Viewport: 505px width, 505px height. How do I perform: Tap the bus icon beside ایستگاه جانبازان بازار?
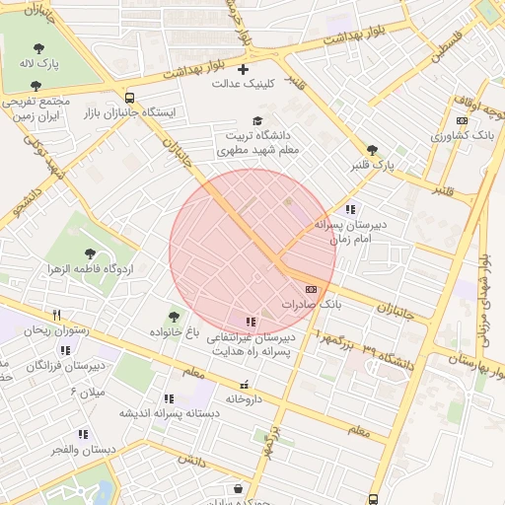click(x=130, y=97)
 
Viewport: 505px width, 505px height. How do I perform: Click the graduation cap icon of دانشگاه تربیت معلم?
click(x=257, y=120)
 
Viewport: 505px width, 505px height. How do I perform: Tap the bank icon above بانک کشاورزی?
click(x=462, y=120)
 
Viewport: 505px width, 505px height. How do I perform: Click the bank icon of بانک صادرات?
click(x=312, y=289)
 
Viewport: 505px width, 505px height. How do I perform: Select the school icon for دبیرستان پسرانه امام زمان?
click(x=350, y=209)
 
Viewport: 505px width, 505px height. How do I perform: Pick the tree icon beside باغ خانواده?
click(x=175, y=316)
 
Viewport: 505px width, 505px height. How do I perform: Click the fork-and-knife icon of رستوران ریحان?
click(x=57, y=315)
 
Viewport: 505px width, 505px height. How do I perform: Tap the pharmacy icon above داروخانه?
click(x=244, y=385)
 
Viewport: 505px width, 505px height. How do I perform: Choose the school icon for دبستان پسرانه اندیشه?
click(x=169, y=398)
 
